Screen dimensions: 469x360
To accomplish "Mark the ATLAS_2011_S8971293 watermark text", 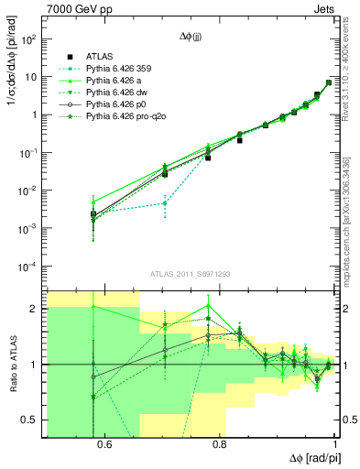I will pos(191,274).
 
